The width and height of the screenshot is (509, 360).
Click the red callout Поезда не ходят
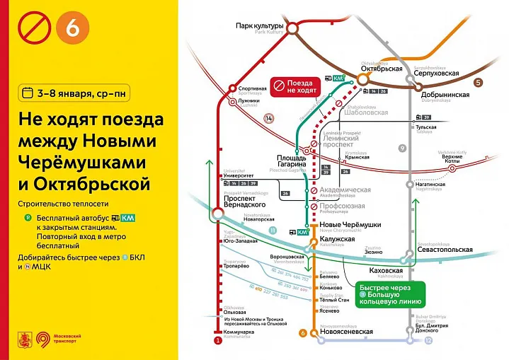[x=297, y=86]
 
